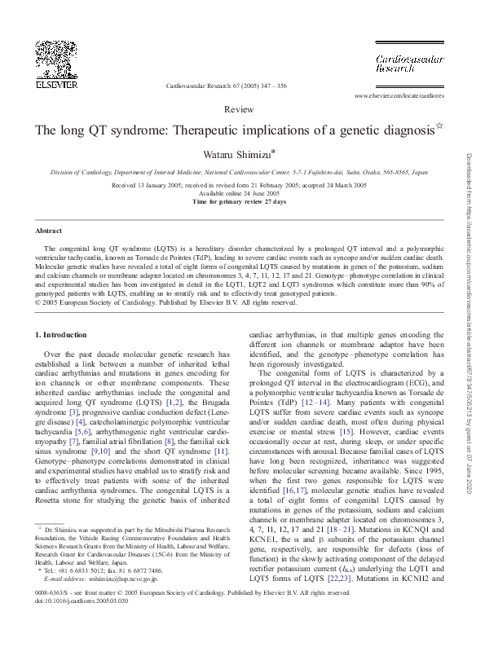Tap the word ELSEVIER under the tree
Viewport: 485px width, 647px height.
tap(53, 83)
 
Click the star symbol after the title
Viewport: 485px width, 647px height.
tap(439, 126)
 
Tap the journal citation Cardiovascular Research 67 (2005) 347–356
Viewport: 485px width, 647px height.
tap(227, 85)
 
